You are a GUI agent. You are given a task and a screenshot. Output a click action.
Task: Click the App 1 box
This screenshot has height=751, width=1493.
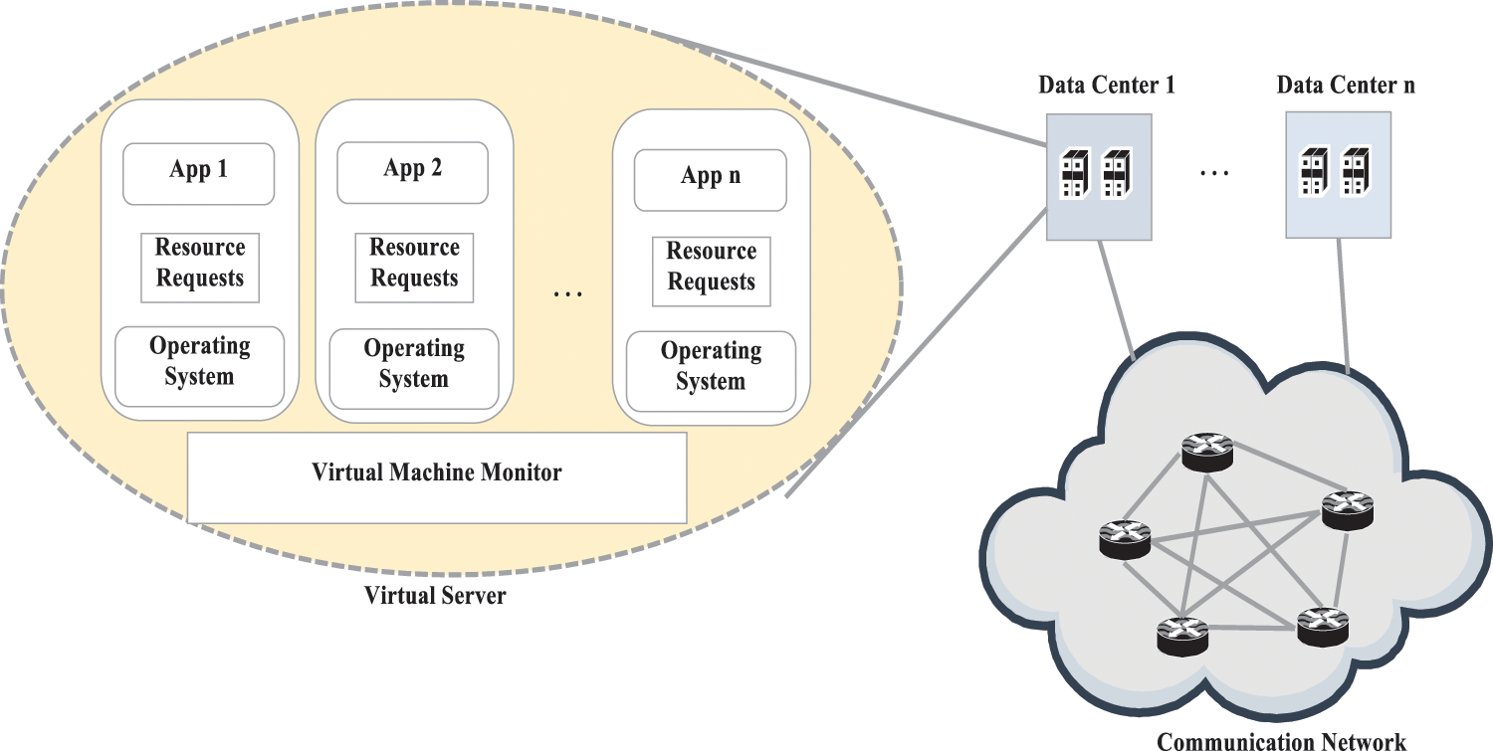point(198,172)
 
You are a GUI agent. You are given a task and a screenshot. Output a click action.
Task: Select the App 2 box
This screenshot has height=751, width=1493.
point(412,171)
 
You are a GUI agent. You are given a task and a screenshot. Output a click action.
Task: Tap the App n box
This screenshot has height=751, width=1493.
point(710,179)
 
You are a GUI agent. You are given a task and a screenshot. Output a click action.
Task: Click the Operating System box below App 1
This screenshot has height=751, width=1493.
point(199,364)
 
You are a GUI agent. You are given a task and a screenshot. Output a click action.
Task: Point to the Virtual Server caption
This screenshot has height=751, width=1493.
point(435,597)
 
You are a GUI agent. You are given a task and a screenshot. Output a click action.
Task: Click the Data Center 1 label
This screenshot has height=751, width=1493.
point(1106,86)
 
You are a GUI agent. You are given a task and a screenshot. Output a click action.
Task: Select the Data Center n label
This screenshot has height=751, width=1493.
point(1346,86)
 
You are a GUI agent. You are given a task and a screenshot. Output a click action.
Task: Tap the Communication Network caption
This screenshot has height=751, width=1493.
point(1281,741)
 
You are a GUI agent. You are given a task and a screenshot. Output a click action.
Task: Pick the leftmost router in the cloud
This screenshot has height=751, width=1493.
point(1125,540)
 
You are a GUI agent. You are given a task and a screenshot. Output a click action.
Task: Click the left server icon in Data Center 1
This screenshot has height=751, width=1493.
point(1075,173)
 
